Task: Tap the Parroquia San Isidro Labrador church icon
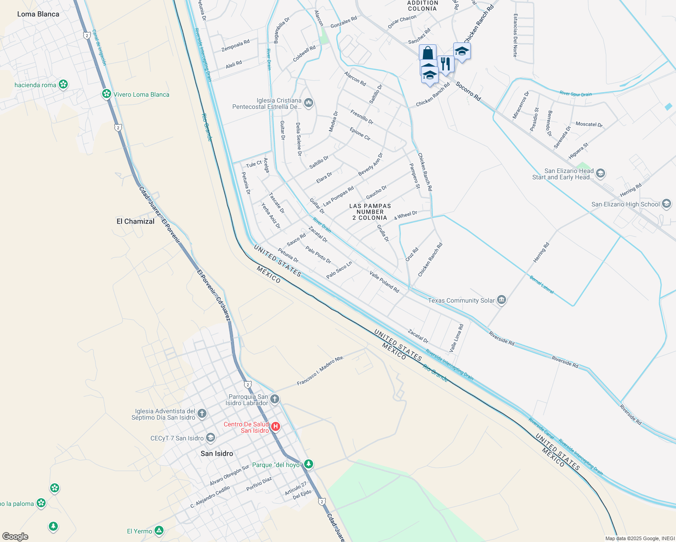275,399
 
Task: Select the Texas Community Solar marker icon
501,300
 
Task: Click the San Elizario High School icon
666,204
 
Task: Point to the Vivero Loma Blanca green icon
107,94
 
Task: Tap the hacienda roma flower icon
63,84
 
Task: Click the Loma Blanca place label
38,14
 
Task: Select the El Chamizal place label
136,221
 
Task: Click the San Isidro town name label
217,453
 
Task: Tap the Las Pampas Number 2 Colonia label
370,212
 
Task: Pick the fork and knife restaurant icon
446,64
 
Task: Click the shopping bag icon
427,52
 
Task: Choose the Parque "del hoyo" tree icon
309,464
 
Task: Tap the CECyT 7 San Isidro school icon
210,438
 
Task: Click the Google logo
15,536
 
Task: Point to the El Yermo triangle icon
159,531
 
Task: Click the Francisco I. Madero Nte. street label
320,371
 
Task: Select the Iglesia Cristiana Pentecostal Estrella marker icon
309,103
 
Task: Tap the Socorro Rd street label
468,91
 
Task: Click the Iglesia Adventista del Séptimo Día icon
202,413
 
